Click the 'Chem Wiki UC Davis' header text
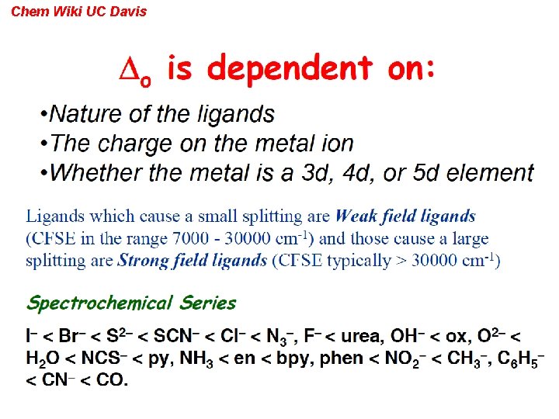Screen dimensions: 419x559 [x=78, y=12]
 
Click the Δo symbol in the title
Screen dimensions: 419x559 [x=140, y=71]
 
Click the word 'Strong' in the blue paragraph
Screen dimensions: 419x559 [x=140, y=261]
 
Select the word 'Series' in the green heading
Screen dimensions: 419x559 [x=208, y=303]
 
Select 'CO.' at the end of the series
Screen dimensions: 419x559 [x=114, y=379]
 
